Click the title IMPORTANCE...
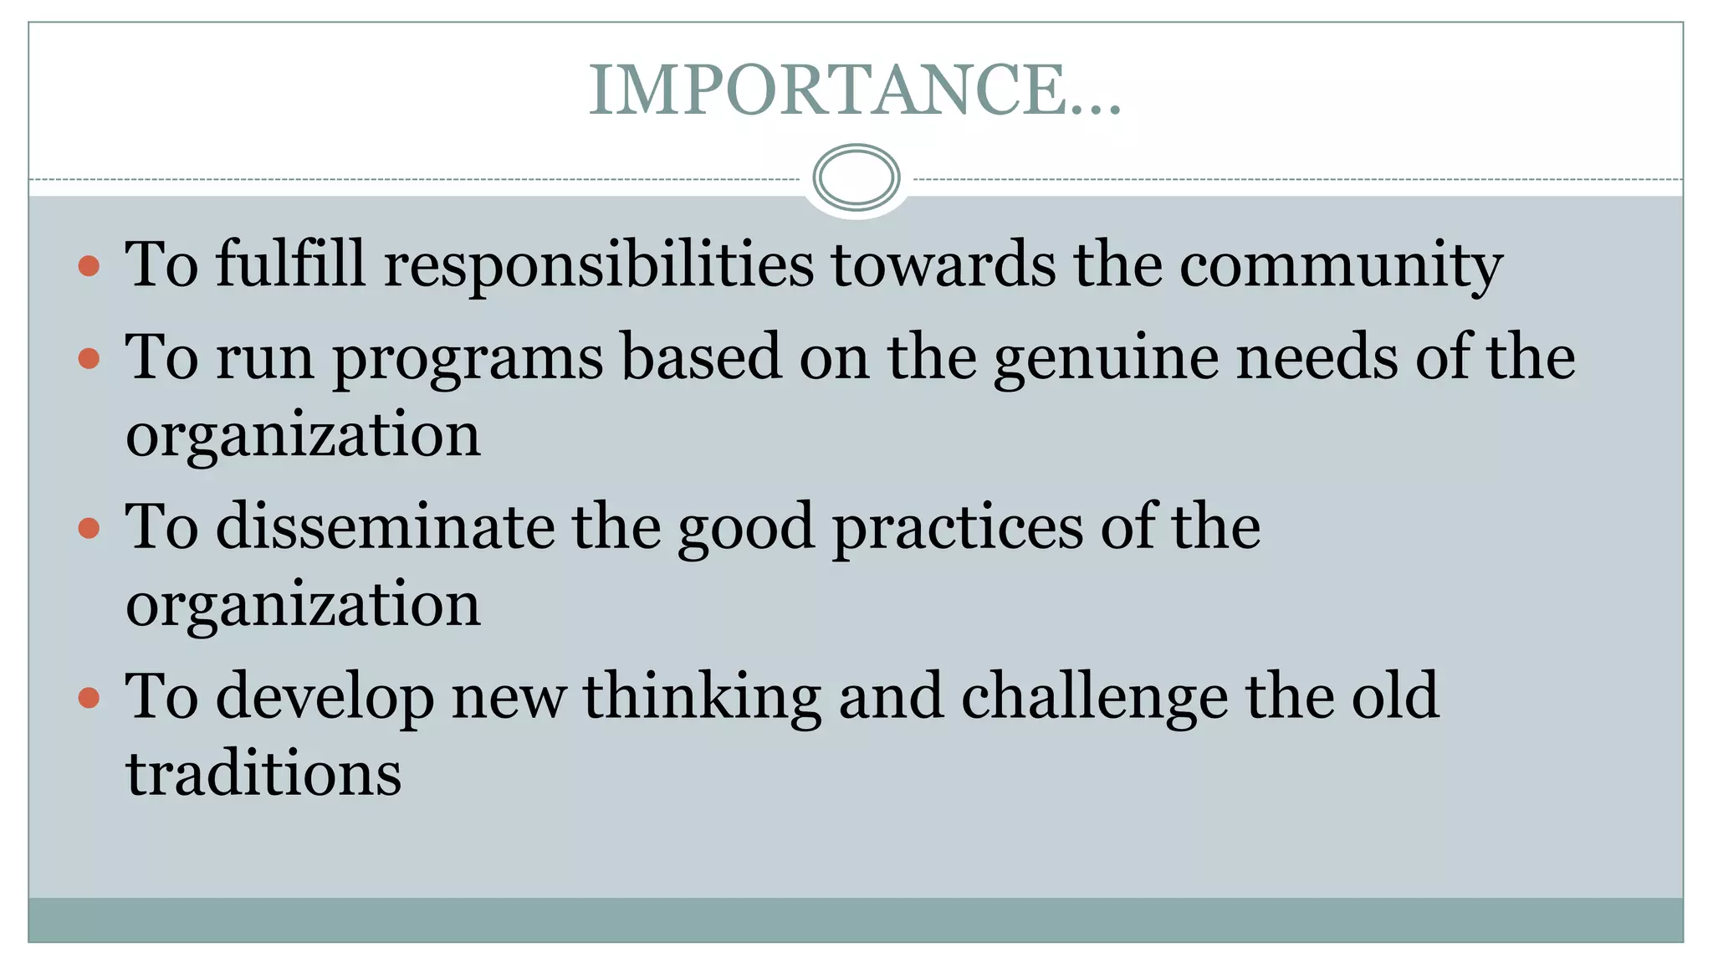tap(855, 90)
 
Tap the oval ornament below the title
tap(856, 177)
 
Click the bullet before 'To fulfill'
tap(89, 267)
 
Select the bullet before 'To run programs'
tap(89, 359)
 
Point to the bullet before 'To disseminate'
tap(89, 528)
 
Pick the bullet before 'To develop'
tap(89, 697)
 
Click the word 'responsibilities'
tap(598, 265)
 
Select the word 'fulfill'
tap(290, 264)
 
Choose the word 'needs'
tap(1317, 357)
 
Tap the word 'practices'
tap(958, 529)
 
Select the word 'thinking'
tap(702, 697)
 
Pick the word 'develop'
tap(325, 697)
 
